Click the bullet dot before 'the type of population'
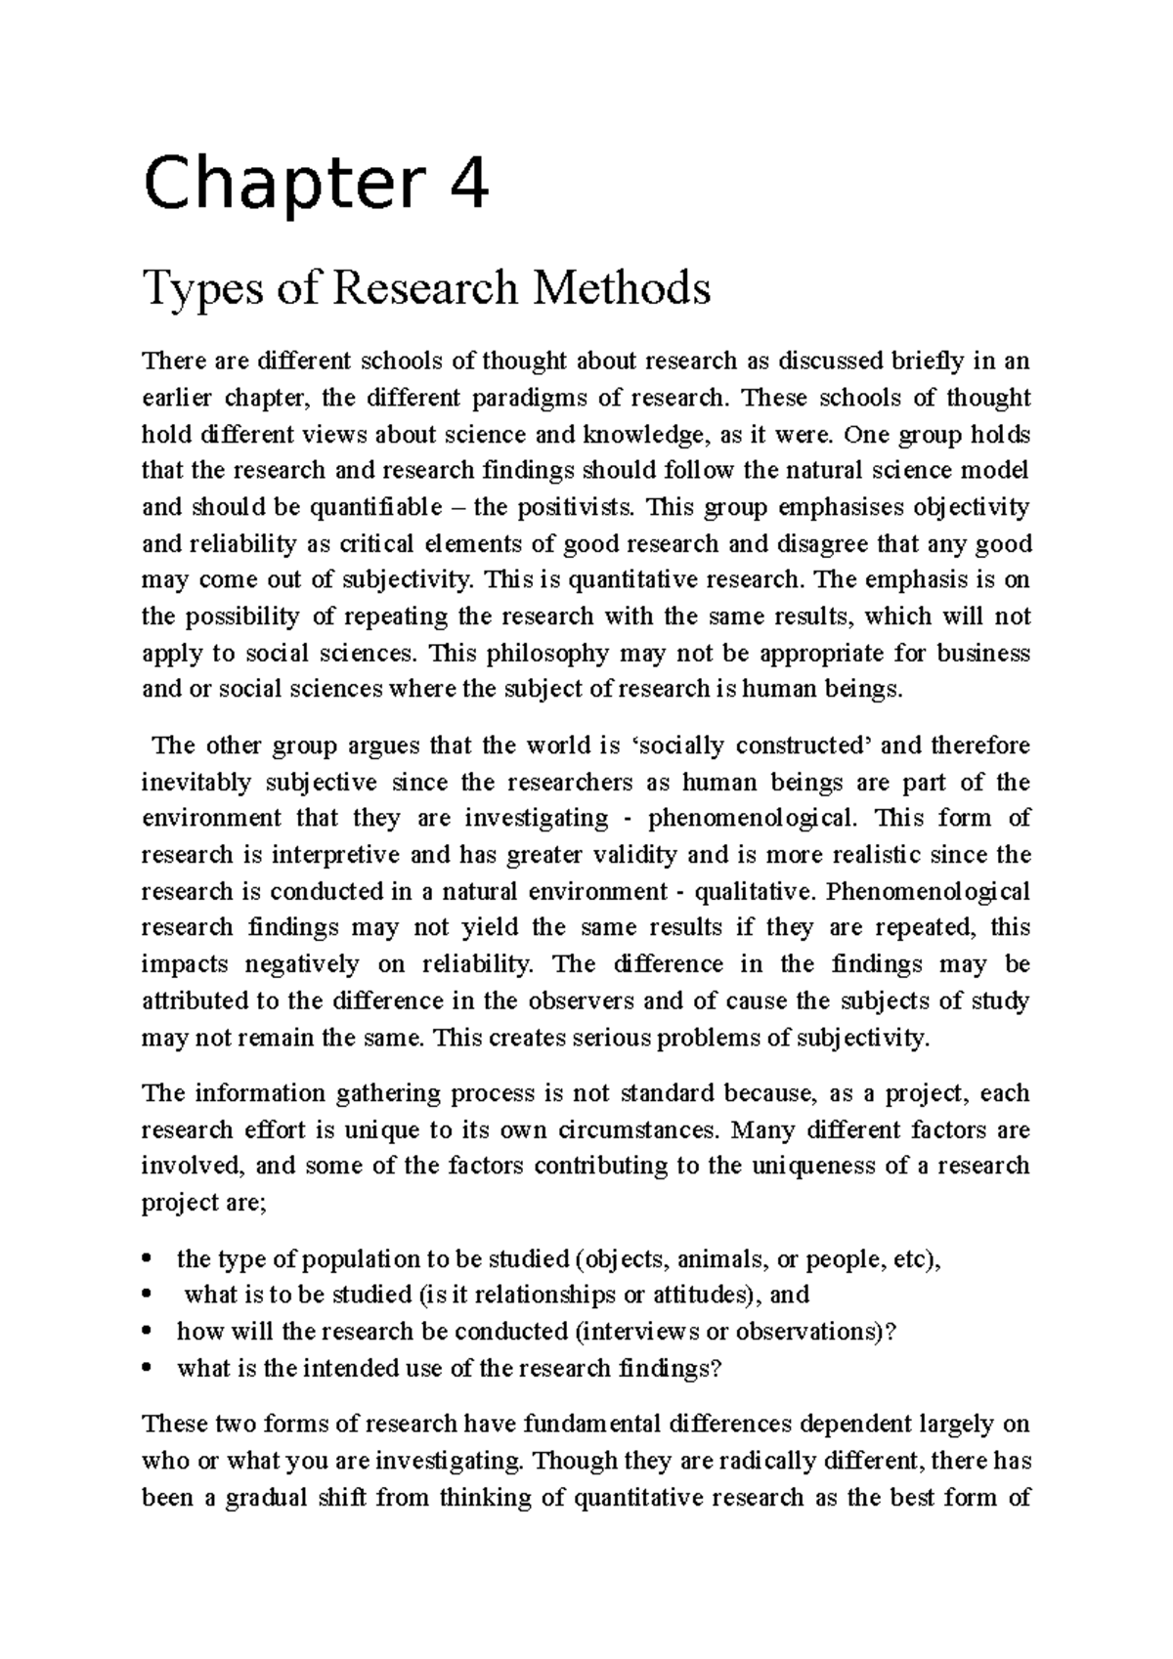[148, 1258]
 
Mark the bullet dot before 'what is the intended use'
[148, 1368]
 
